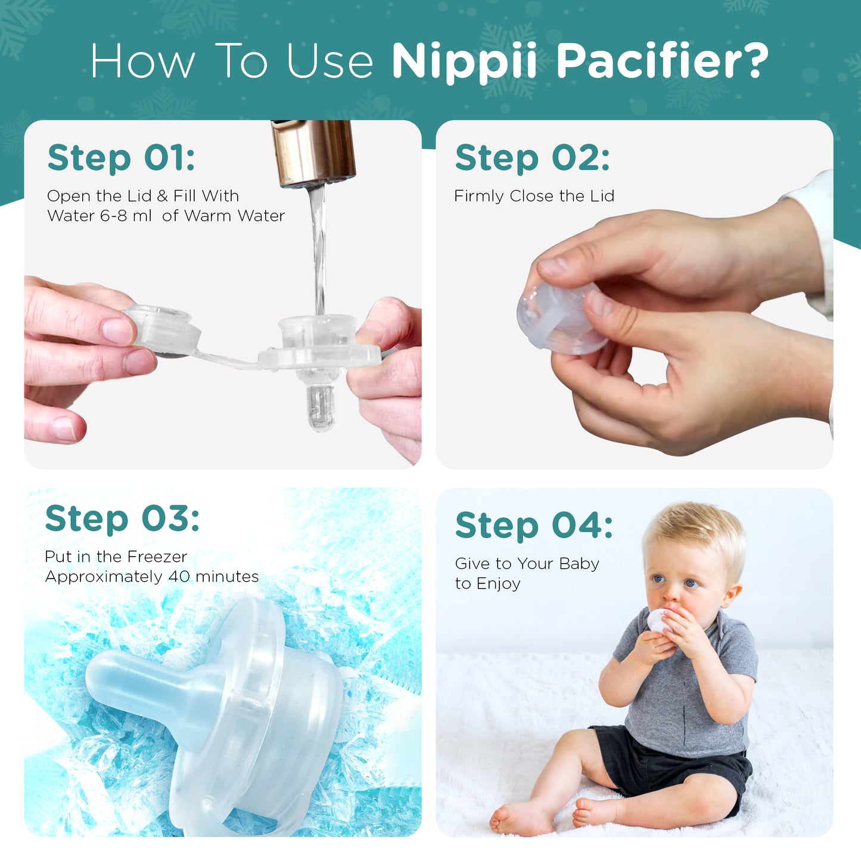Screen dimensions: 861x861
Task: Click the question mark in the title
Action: (x=753, y=61)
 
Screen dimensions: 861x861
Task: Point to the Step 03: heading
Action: (x=122, y=520)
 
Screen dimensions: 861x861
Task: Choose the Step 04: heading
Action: (x=534, y=526)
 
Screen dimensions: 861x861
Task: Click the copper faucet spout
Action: (x=313, y=153)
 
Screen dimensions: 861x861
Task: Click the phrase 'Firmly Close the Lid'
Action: (x=534, y=195)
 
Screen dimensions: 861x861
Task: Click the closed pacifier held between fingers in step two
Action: (x=561, y=318)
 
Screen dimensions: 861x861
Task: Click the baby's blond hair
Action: (x=695, y=534)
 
